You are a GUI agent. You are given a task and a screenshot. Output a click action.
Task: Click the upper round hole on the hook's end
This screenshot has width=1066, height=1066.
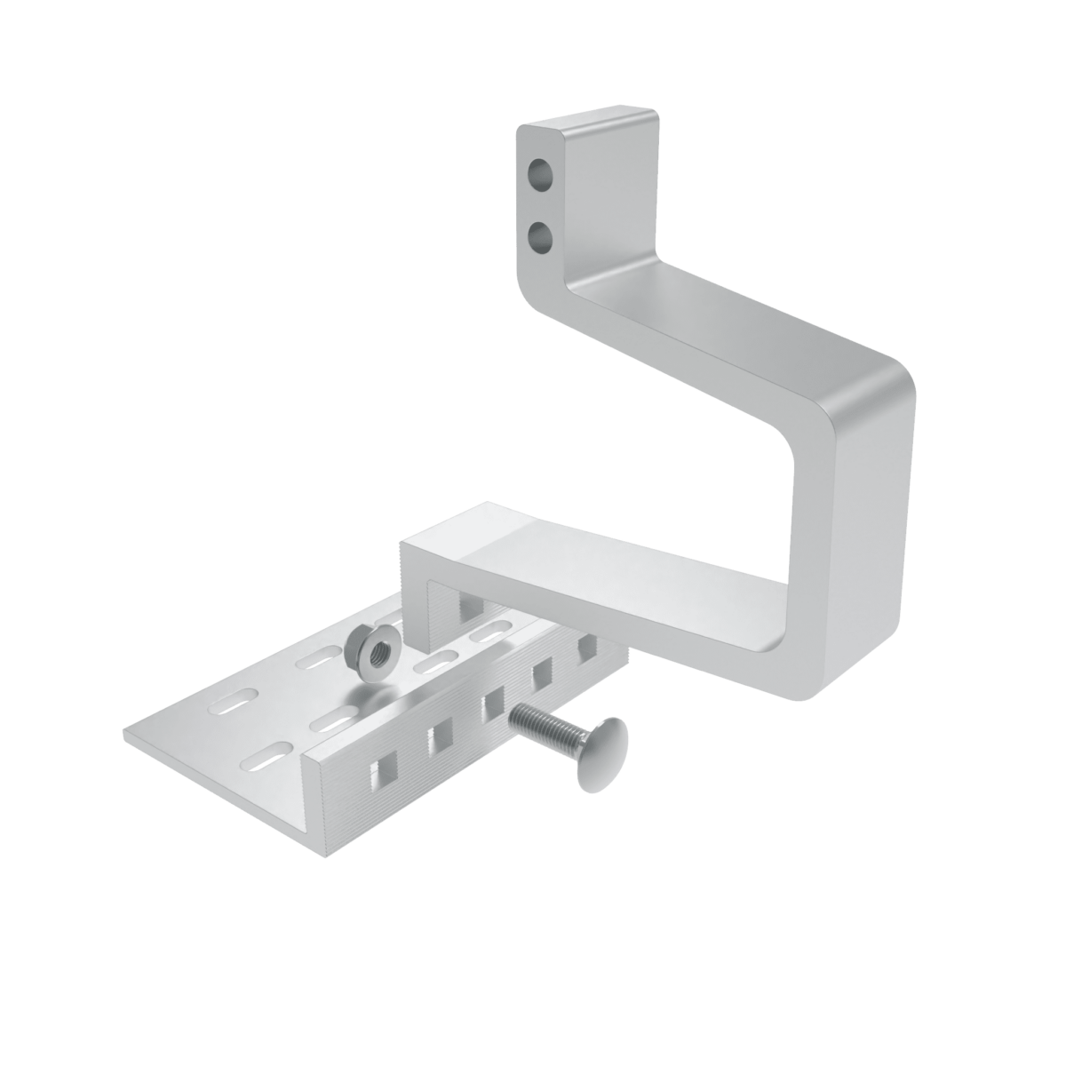(x=538, y=172)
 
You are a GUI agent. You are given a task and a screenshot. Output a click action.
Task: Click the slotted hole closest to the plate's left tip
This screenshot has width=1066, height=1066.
(x=233, y=702)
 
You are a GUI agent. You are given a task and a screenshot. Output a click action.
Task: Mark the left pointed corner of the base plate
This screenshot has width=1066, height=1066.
(x=126, y=736)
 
